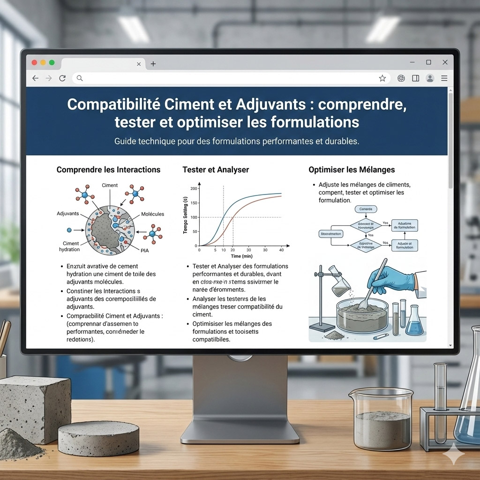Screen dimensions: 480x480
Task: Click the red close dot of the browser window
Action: click(34, 63)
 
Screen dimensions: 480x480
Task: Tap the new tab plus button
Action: click(153, 64)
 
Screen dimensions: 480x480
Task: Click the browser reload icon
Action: click(62, 78)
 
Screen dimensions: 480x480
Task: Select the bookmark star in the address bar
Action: click(382, 78)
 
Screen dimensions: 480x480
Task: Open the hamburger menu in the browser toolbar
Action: click(444, 78)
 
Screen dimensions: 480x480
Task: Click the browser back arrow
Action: click(35, 78)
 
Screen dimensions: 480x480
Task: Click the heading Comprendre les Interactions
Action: click(108, 170)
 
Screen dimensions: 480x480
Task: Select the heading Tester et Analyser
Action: click(216, 170)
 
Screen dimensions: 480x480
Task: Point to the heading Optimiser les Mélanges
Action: click(352, 170)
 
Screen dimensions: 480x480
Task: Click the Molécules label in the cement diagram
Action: click(152, 214)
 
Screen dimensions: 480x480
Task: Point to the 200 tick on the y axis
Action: click(194, 188)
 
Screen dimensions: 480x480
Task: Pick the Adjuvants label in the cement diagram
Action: click(68, 214)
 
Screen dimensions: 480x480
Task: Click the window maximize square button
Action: click(428, 62)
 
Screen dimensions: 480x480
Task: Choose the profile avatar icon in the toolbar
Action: click(430, 78)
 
